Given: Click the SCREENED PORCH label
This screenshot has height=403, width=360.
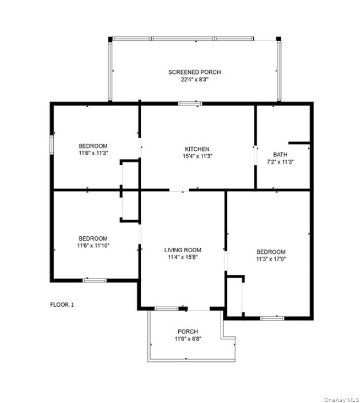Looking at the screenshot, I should [194, 72].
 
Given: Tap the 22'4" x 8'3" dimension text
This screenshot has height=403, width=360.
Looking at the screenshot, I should [194, 80].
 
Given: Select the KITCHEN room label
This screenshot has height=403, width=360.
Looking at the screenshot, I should [197, 149].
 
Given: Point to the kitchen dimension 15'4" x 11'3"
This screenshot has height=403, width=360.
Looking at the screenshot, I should [197, 156].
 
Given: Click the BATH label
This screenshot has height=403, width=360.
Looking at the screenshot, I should [280, 154].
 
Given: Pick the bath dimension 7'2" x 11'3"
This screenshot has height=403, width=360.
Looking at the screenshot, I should [280, 162].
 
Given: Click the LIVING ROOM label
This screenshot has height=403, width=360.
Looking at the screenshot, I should [182, 250].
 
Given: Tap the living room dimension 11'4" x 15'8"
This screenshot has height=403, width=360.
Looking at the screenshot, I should [182, 257].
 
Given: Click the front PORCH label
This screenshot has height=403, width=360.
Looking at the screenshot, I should [188, 331].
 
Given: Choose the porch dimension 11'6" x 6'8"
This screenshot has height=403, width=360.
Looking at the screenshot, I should [188, 339].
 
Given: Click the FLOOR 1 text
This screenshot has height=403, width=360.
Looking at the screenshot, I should [62, 304].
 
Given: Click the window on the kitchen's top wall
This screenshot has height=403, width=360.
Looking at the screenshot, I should [190, 104].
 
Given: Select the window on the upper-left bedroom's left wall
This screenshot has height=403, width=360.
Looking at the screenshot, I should [52, 144].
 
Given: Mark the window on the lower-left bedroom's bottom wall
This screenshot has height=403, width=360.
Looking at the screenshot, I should [95, 280].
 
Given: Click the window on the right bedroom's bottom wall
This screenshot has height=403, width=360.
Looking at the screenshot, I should [272, 318].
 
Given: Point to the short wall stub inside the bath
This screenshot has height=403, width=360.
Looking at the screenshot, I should [299, 142].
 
